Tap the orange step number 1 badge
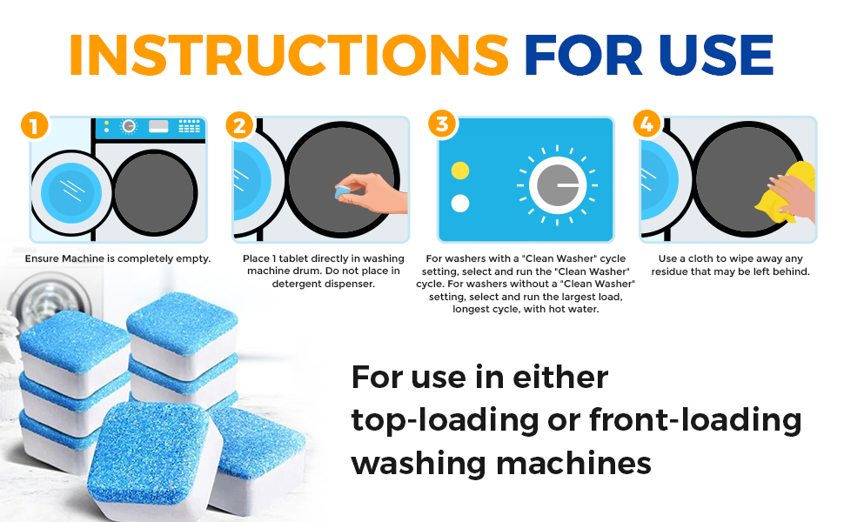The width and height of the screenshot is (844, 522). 34,127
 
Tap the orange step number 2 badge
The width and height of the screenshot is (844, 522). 238,126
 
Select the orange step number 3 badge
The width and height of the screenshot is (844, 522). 442,124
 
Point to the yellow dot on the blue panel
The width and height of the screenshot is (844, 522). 460,170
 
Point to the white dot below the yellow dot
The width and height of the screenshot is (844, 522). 460,204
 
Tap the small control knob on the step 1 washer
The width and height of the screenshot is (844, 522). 129,127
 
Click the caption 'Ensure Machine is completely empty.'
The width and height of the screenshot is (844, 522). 117,258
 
